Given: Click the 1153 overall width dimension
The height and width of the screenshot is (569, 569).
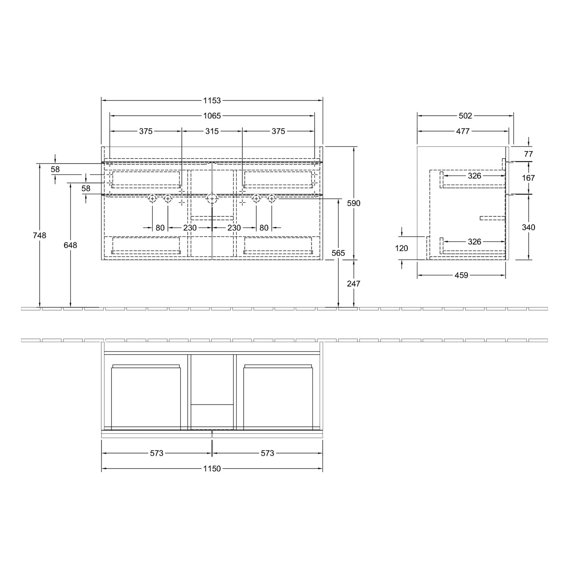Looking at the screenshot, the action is point(212,101).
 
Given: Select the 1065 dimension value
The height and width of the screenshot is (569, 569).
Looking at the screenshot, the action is point(212,116).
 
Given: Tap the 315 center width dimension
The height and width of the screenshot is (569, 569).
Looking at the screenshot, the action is point(212,131).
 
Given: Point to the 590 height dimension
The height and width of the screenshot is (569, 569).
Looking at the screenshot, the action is point(354,203).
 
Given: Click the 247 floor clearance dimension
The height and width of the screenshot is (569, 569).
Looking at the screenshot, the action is point(354,284).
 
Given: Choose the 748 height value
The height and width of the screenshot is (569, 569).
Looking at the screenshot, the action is point(39,236).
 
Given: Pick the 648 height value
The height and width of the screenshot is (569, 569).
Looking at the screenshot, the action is point(70,245).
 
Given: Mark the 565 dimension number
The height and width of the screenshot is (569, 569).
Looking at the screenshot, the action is point(338,253).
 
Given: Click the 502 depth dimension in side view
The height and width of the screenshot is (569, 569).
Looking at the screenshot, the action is point(465,116).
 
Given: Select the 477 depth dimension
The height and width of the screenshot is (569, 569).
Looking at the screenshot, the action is point(463,131).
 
